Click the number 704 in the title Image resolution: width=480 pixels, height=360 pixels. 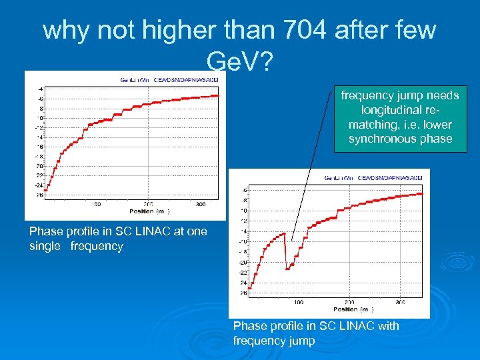[301, 30]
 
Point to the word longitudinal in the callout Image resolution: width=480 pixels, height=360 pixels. [400, 109]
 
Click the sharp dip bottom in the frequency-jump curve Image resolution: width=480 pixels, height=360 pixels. [287, 268]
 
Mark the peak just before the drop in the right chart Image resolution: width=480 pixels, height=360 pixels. [284, 233]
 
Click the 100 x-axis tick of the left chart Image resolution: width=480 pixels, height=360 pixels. [96, 204]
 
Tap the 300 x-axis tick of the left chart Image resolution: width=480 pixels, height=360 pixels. [199, 204]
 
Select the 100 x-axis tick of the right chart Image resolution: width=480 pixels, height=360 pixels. [299, 302]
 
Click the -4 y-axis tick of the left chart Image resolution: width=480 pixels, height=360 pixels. [41, 89]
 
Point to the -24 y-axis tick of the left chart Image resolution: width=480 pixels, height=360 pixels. [39, 185]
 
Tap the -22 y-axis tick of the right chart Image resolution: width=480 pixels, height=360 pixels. [243, 272]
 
